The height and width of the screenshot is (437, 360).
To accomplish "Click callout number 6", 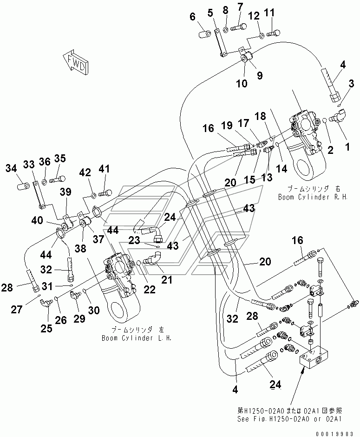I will pos(193,17).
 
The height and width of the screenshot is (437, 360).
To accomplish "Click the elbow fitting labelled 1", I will pos(335,119).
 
